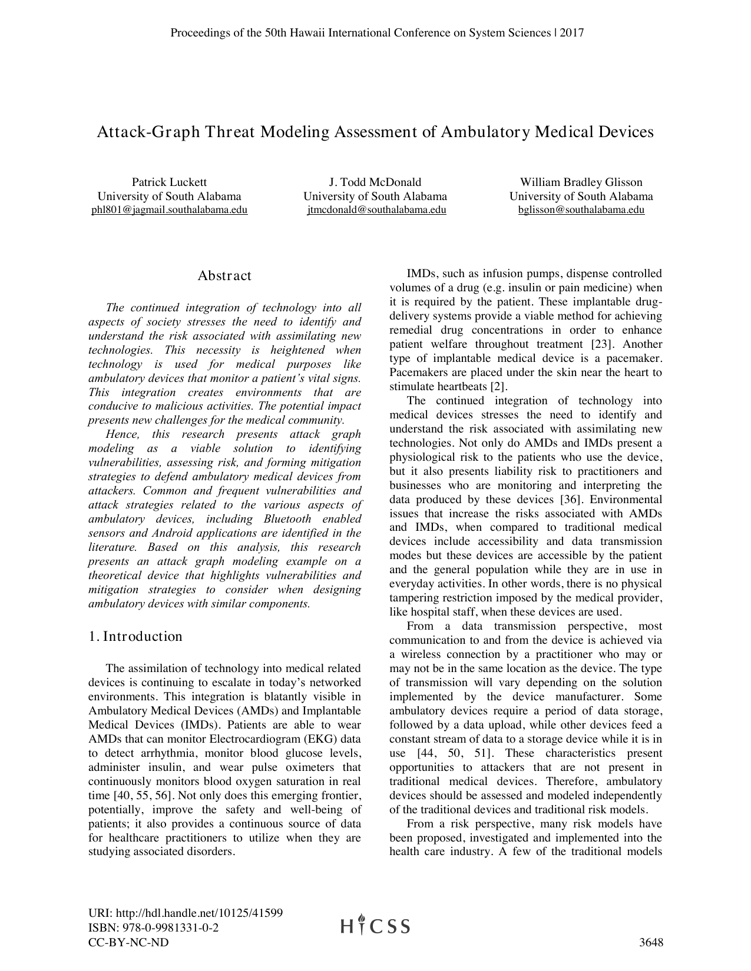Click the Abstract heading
[x=224, y=276]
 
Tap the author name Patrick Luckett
[x=169, y=182]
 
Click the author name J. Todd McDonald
[x=375, y=182]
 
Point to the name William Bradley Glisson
[x=581, y=182]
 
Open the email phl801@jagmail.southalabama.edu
[x=169, y=210]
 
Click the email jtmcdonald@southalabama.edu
[x=376, y=210]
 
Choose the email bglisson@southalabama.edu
[x=581, y=210]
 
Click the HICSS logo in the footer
[x=375, y=926]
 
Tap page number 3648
[x=651, y=943]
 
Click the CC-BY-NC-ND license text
[x=128, y=943]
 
